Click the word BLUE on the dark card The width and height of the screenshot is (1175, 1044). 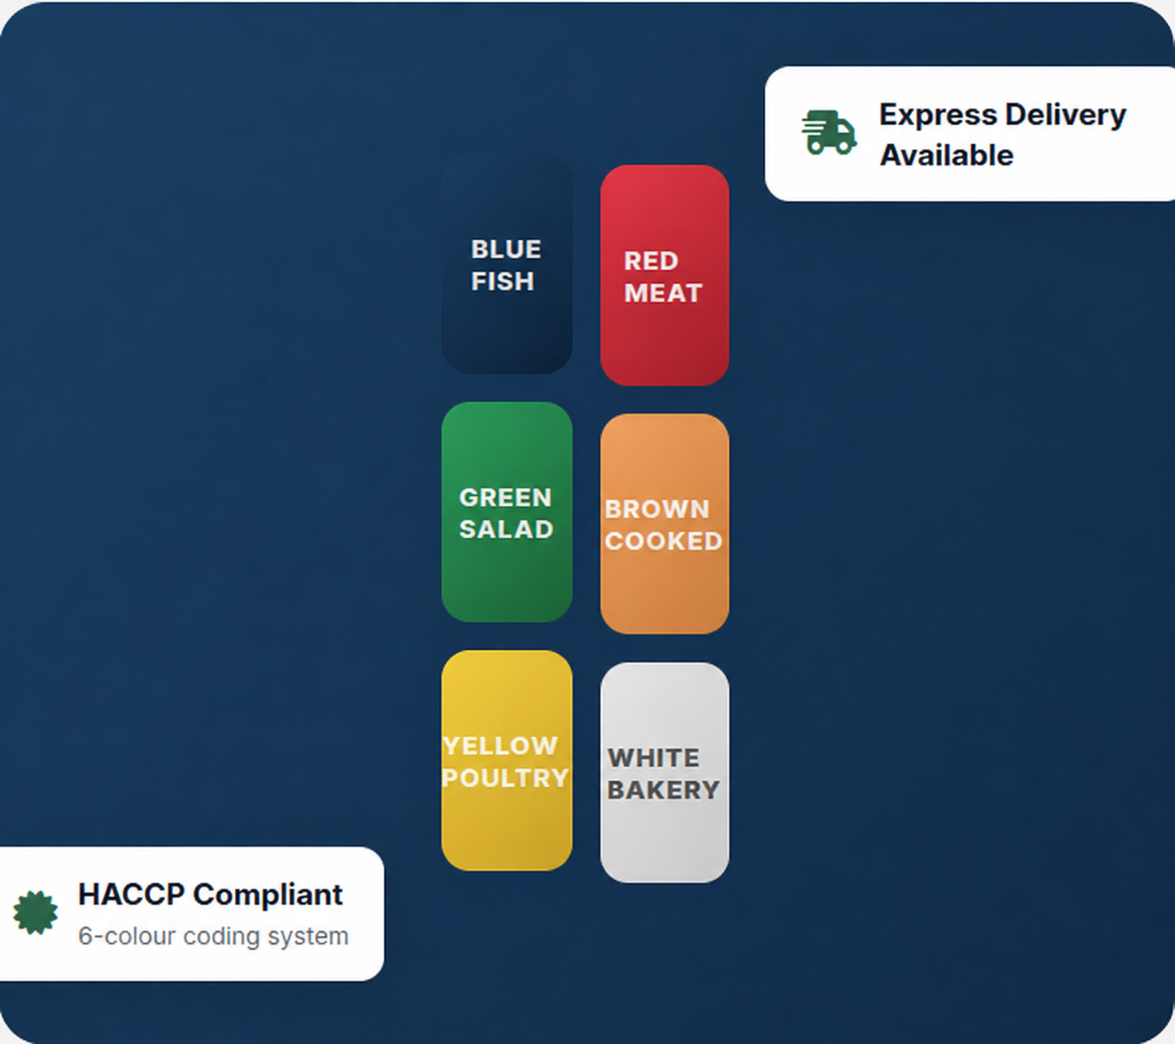[505, 249]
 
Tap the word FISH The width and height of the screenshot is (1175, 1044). [502, 281]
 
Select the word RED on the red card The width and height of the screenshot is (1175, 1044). [651, 261]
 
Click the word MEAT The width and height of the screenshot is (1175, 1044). [663, 293]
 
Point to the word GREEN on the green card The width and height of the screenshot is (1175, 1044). [505, 497]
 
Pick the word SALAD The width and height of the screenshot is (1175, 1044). [506, 530]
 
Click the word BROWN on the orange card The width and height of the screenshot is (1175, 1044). [656, 510]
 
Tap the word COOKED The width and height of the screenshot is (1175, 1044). [663, 541]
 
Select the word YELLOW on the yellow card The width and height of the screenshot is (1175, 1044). [500, 745]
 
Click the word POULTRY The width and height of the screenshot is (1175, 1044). [505, 778]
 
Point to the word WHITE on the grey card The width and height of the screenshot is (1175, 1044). [654, 758]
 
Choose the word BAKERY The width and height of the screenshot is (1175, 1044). [663, 791]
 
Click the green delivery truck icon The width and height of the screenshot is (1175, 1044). [829, 132]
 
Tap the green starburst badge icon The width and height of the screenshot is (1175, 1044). [35, 913]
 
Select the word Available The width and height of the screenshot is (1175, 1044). [946, 155]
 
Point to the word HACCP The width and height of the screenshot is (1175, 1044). [132, 895]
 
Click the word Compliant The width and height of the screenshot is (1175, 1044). [268, 895]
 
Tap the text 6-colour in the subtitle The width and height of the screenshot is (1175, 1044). [127, 936]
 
